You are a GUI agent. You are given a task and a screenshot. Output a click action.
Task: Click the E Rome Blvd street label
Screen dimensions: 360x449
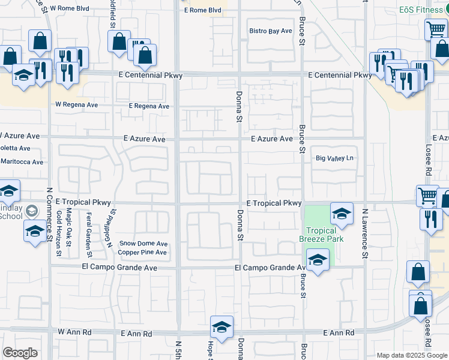point(203,10)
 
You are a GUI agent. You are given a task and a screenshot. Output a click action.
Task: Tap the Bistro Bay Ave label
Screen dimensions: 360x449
point(271,31)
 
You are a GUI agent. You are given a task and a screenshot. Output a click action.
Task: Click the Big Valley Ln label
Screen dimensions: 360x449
point(335,158)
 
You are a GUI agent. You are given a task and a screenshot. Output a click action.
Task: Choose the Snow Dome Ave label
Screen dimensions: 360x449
point(143,244)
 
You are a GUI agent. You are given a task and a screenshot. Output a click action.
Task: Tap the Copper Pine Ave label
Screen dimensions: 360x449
point(143,252)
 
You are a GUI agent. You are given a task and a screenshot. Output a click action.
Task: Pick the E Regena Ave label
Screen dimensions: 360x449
point(149,106)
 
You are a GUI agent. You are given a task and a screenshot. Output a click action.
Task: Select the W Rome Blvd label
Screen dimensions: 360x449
point(70,8)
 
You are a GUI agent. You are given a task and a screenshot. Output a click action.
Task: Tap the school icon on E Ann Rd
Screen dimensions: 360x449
point(221,327)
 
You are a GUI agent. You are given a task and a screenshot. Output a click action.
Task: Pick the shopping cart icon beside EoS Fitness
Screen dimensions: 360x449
point(436,29)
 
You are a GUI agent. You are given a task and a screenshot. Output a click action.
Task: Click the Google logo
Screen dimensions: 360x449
point(20,353)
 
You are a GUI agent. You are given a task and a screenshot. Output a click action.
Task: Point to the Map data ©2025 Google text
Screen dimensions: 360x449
point(411,355)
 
